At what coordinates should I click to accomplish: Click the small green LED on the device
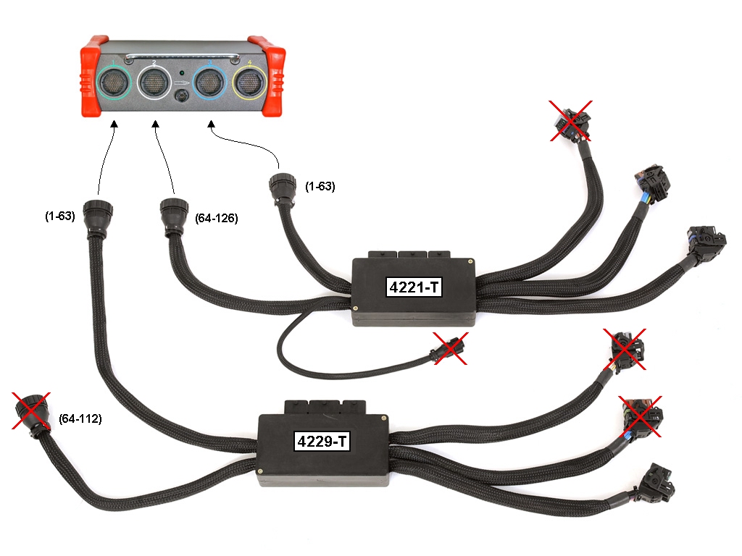coord(182,74)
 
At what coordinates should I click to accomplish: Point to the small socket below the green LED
coord(182,96)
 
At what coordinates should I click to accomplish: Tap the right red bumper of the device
coord(273,76)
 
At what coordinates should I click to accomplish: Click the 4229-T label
coord(322,440)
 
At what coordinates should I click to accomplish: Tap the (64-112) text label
coord(81,419)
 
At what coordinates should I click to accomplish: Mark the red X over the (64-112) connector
coord(31,410)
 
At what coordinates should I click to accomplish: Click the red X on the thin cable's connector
coord(449,350)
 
